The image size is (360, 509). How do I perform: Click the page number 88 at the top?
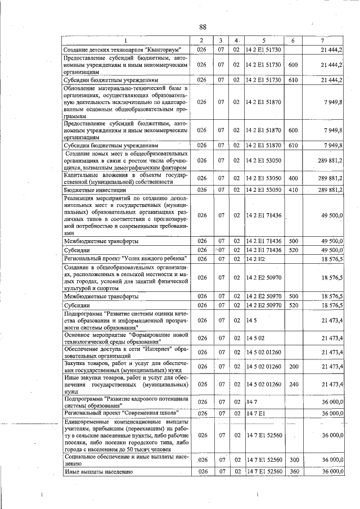203,28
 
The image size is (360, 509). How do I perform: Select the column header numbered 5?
263,40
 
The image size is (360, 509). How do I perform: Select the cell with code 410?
292,190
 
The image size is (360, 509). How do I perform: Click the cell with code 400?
292,178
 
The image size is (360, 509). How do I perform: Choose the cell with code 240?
292,384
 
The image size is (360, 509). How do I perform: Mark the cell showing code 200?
292,367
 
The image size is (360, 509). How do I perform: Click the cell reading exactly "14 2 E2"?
253,258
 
